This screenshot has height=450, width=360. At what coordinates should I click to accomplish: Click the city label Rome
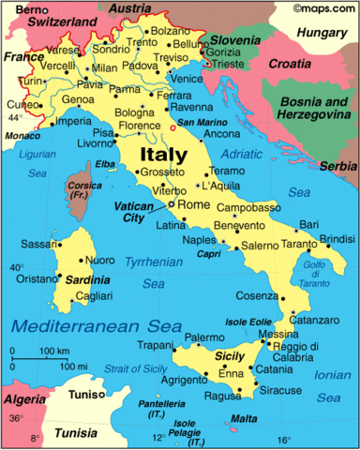click(x=194, y=205)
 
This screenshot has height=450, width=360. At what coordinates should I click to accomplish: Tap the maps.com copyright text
click(x=322, y=7)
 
